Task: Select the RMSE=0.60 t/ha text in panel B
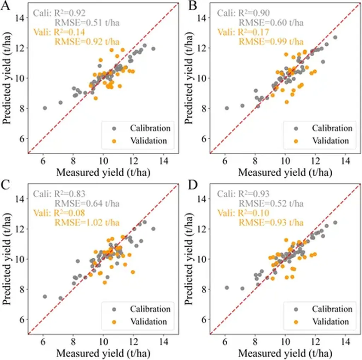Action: [x=270, y=23]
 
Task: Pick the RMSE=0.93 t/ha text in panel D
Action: [x=270, y=223]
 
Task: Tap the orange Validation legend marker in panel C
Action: [x=115, y=322]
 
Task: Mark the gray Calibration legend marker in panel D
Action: [x=296, y=309]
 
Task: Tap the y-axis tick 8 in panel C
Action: [x=22, y=289]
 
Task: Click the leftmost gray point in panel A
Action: [x=45, y=108]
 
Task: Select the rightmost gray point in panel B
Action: [x=335, y=37]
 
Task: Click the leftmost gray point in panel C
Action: [x=45, y=297]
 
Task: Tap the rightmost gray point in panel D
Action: [x=335, y=223]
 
